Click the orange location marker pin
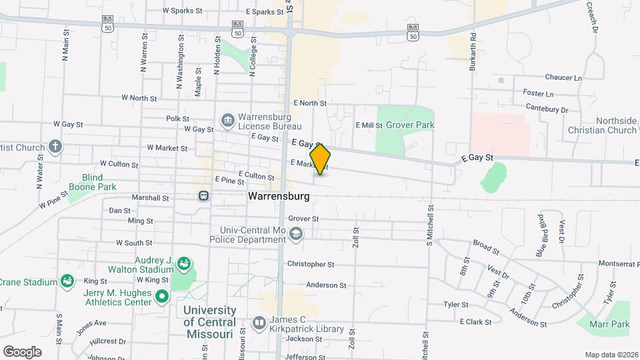tap(321, 159)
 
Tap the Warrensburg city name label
tap(279, 197)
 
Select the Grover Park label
tap(410, 125)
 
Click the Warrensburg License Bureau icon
tap(227, 121)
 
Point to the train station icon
tap(203, 196)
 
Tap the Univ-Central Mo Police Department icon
tap(296, 233)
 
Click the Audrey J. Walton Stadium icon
tap(183, 265)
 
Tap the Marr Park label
tap(610, 325)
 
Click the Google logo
tap(22, 351)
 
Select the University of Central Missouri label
tap(209, 322)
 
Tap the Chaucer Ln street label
tap(563, 78)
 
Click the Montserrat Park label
tap(614, 263)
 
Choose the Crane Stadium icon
tap(67, 281)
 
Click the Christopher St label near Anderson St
tap(311, 264)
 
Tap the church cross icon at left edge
tap(55, 147)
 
